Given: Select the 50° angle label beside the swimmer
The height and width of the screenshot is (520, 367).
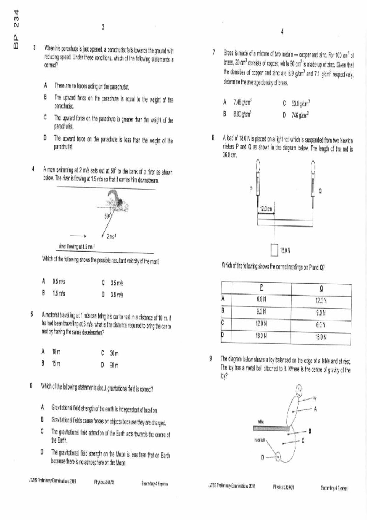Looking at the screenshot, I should pyautogui.click(x=107, y=216).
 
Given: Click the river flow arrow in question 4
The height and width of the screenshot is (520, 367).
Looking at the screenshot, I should pyautogui.click(x=78, y=236).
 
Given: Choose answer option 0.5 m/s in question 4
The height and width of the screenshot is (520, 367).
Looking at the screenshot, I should pyautogui.click(x=59, y=281).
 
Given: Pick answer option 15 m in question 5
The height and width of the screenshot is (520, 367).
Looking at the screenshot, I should pyautogui.click(x=56, y=363).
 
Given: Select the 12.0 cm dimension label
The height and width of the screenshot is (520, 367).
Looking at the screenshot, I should pyautogui.click(x=266, y=209).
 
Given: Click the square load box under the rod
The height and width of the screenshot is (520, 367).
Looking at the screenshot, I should pyautogui.click(x=274, y=250).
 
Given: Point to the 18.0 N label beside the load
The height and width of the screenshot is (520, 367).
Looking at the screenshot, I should pyautogui.click(x=285, y=251).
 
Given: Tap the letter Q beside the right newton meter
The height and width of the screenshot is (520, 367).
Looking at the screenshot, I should pyautogui.click(x=320, y=191).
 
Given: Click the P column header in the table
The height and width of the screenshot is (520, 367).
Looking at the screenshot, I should pyautogui.click(x=261, y=288).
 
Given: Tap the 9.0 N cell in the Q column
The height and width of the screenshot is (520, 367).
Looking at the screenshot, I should pyautogui.click(x=321, y=313).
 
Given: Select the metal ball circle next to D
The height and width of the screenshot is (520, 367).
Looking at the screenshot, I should pyautogui.click(x=278, y=457).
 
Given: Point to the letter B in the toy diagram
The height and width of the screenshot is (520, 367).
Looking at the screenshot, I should pyautogui.click(x=310, y=431).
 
